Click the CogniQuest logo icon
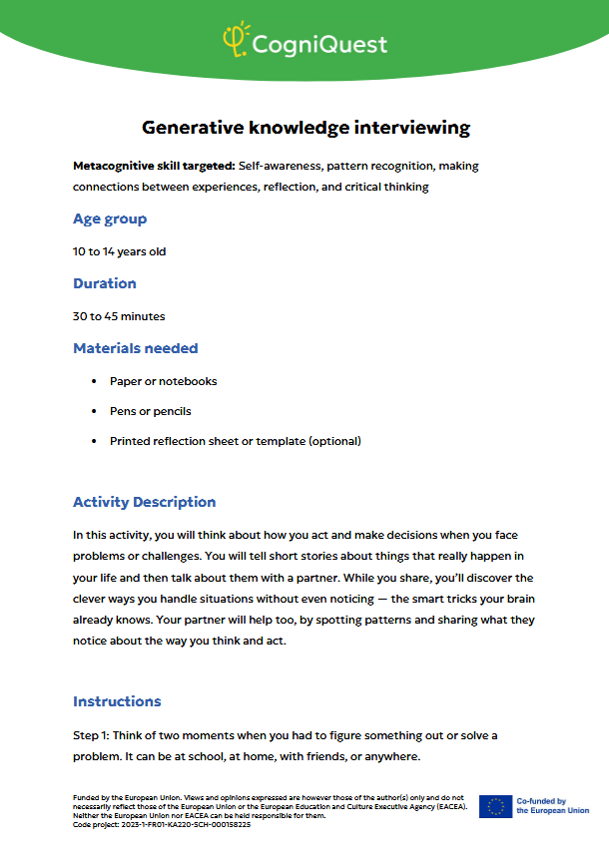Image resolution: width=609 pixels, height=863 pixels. pos(236,40)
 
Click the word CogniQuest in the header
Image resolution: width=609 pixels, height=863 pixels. pos(318,44)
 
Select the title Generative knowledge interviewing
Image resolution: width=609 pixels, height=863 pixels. pos(305,128)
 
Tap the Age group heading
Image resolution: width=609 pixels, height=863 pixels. pos(110,218)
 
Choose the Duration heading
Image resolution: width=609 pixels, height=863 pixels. pos(105,283)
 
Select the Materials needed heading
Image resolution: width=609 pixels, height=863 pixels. pos(136,348)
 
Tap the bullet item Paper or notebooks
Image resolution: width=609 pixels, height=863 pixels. pos(163,381)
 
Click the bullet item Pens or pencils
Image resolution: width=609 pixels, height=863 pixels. pos(150,411)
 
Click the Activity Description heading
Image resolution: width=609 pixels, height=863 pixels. pos(144,502)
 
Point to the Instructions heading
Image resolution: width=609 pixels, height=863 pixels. pos(117,701)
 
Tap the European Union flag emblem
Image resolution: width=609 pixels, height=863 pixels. pos(495,806)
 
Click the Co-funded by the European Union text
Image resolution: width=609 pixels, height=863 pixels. pos(552,806)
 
